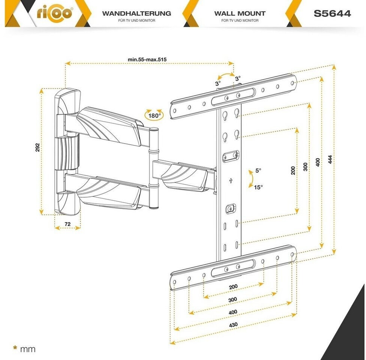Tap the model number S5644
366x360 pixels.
pyautogui.click(x=332, y=13)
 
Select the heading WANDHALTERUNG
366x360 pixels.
pyautogui.click(x=136, y=13)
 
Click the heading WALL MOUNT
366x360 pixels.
pyautogui.click(x=240, y=13)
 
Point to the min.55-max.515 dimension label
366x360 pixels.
pyautogui.click(x=147, y=59)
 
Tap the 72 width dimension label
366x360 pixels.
pyautogui.click(x=67, y=224)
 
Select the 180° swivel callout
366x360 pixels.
pyautogui.click(x=154, y=115)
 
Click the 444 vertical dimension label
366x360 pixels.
pyautogui.click(x=330, y=159)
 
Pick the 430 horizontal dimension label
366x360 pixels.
pyautogui.click(x=233, y=324)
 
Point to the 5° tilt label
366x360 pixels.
pyautogui.click(x=258, y=170)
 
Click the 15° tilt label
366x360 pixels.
pyautogui.click(x=258, y=187)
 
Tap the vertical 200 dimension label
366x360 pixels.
pyautogui.click(x=293, y=170)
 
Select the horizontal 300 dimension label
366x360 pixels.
pyautogui.click(x=233, y=300)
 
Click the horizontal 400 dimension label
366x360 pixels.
pyautogui.click(x=233, y=312)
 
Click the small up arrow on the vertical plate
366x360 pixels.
pyautogui.click(x=231, y=181)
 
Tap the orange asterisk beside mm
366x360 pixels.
pyautogui.click(x=15, y=348)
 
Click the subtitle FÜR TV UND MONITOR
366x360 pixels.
pyautogui.click(x=136, y=21)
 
